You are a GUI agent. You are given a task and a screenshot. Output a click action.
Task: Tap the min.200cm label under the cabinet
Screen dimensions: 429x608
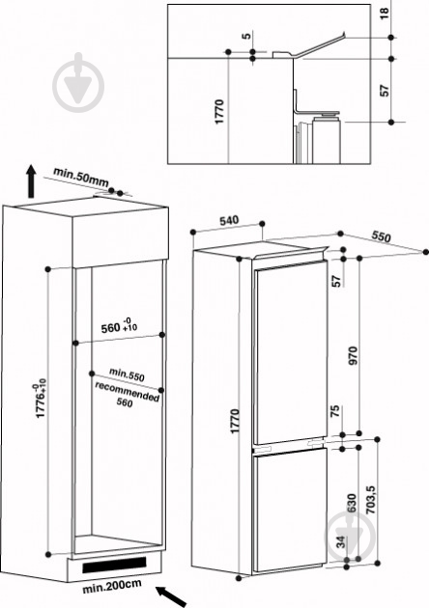112,587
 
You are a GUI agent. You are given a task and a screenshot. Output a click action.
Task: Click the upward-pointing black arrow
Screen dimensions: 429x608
31,181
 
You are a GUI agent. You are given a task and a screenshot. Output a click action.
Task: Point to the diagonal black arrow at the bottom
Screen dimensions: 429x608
172,596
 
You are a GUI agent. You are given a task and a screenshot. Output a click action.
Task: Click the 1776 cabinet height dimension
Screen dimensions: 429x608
42,399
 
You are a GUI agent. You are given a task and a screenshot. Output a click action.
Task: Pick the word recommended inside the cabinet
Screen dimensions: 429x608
127,392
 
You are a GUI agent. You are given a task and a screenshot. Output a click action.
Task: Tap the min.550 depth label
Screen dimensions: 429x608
127,374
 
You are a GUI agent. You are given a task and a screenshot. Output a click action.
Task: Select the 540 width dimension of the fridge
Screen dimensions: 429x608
229,221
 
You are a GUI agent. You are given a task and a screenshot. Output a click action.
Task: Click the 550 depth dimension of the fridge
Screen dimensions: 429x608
381,236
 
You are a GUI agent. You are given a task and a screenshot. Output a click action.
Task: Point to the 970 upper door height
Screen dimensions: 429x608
353,355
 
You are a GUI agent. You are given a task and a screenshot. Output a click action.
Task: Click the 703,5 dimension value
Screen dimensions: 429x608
371,500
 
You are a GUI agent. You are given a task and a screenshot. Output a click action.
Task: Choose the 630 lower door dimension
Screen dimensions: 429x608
352,503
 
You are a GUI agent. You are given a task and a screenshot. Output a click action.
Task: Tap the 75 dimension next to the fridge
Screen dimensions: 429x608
335,410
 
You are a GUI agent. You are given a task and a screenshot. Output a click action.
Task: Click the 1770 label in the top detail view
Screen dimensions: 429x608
219,112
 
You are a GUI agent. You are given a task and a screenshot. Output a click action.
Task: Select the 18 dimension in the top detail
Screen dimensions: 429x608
384,14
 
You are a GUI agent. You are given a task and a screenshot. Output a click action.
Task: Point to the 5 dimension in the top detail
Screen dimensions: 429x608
246,36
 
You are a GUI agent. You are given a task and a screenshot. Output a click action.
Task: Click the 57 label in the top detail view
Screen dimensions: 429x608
384,91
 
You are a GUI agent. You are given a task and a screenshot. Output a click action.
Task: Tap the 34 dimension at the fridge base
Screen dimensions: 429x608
340,541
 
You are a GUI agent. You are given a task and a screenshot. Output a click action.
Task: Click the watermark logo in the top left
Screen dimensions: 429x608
78,83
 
